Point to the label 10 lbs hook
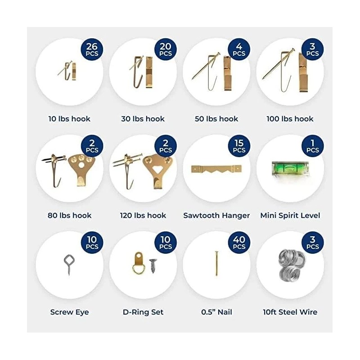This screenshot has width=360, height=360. click(69, 119)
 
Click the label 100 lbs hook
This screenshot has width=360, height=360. click(290, 119)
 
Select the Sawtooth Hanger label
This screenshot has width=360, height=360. click(216, 216)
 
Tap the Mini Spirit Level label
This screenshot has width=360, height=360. click(290, 216)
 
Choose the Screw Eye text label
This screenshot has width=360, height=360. click(69, 312)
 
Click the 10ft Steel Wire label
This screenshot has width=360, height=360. click(290, 312)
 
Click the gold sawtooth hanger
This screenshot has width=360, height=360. click(216, 170)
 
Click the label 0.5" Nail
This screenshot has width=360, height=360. click(216, 312)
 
